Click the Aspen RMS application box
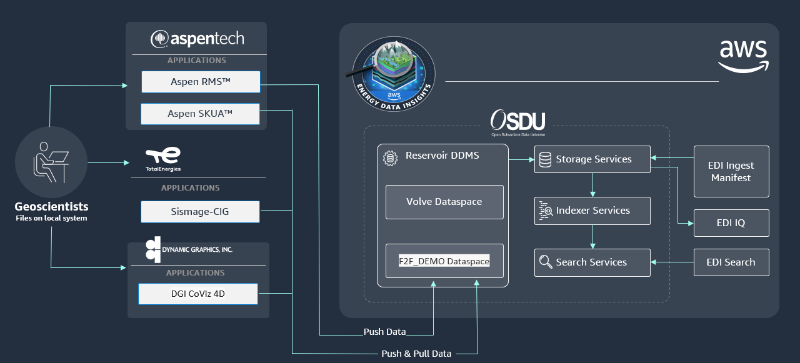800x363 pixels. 201,82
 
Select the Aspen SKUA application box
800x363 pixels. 200,114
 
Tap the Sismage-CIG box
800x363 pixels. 200,212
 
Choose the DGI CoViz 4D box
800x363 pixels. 198,294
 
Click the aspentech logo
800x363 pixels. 197,39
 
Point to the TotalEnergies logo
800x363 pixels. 163,159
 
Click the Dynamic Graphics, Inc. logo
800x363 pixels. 189,249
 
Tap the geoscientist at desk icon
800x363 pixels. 51,162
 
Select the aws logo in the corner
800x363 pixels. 744,56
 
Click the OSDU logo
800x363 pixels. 518,122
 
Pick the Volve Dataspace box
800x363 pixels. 444,202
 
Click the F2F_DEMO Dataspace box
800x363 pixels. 444,261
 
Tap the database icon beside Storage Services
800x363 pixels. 545,159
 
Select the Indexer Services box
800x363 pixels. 592,211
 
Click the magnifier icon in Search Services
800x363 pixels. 546,262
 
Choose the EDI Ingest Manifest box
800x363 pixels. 731,171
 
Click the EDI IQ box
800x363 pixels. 731,222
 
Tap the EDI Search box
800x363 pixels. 731,262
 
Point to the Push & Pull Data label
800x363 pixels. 416,354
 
